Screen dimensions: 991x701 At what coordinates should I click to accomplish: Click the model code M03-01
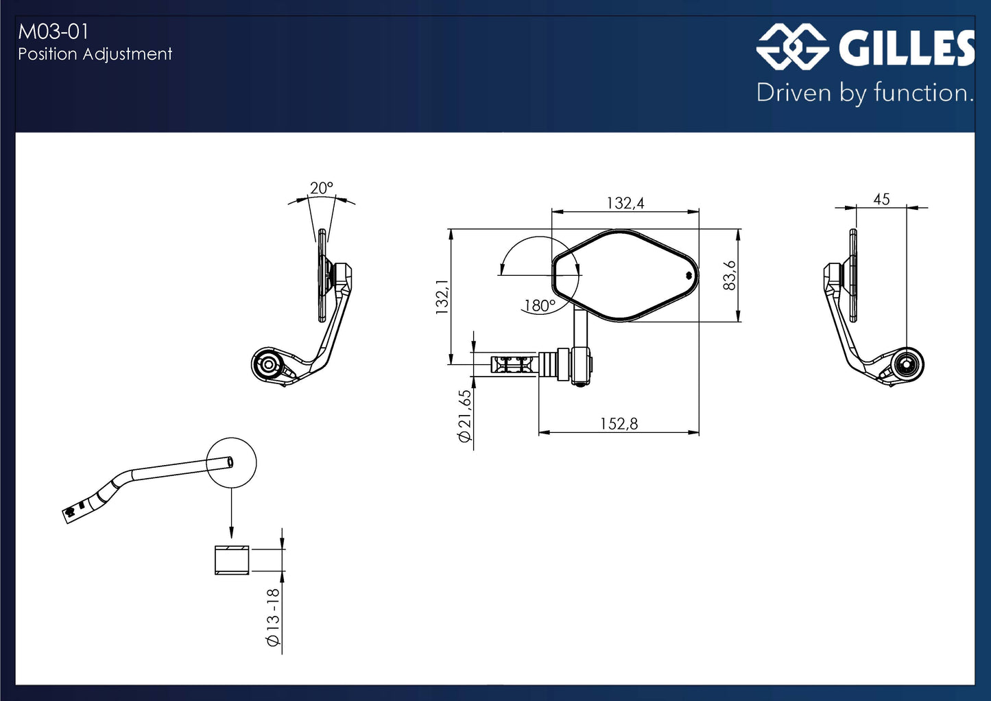(53, 32)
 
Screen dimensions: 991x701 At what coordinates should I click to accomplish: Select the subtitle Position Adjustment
(95, 54)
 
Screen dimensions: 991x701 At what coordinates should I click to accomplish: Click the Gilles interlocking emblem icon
(792, 47)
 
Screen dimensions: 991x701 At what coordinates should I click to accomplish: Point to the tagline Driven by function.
(865, 93)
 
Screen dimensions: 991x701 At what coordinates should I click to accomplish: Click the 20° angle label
(321, 188)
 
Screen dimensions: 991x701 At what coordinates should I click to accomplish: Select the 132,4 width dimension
(625, 203)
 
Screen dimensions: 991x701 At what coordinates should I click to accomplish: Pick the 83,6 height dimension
(729, 275)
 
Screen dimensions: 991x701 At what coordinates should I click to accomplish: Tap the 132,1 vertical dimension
(442, 297)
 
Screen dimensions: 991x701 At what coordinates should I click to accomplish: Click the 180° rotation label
(539, 305)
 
